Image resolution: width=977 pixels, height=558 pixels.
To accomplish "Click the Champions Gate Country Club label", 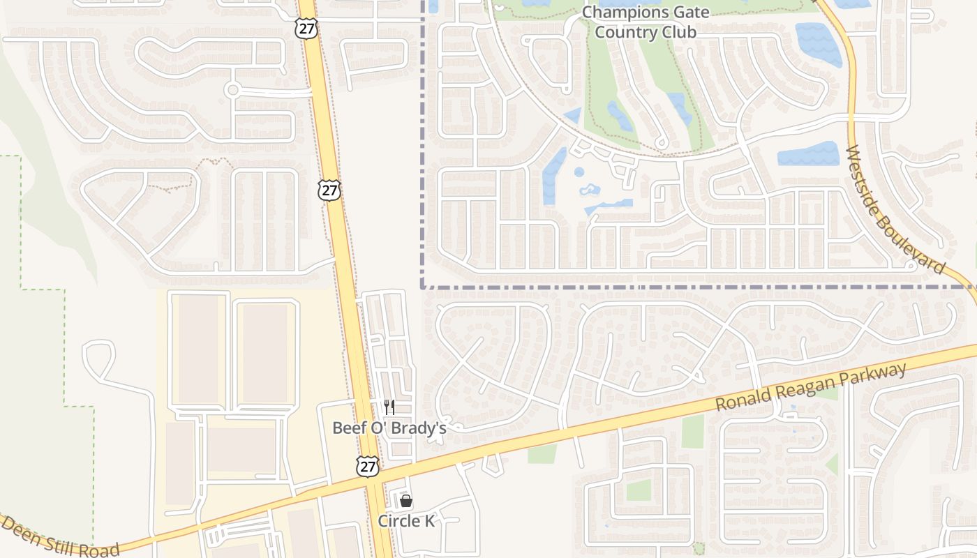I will click(646, 22).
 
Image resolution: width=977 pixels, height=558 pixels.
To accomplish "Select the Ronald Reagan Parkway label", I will click(811, 387).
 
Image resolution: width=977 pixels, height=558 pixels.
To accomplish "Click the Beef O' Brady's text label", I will click(389, 428).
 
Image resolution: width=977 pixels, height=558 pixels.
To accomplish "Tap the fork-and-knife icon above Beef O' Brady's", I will click(389, 407).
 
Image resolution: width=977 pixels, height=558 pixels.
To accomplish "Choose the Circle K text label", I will click(406, 521).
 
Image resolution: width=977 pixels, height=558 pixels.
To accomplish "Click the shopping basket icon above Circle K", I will click(406, 501).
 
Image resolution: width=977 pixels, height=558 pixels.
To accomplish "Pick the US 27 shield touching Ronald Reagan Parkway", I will click(368, 467).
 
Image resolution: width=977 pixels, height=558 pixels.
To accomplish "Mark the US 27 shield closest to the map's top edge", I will click(306, 28).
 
